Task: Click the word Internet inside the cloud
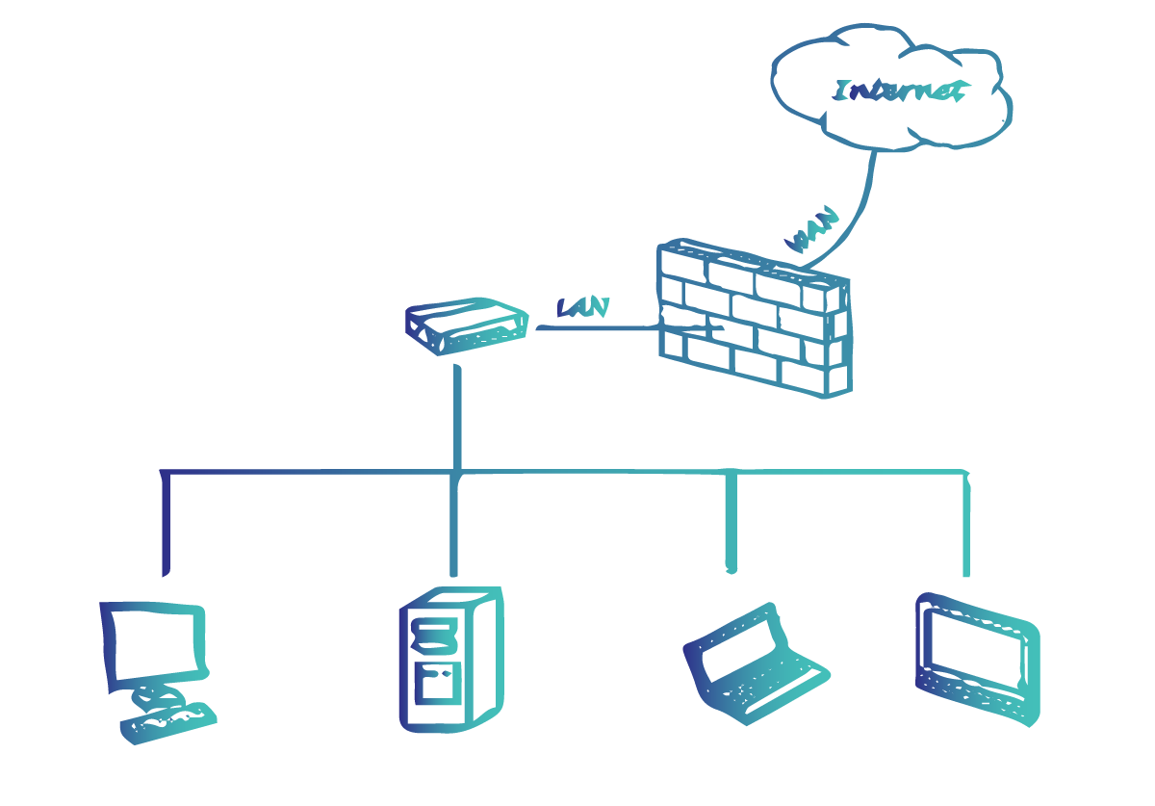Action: pos(901,91)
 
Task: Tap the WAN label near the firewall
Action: pos(814,229)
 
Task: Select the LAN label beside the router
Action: pos(582,308)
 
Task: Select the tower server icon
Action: pos(449,660)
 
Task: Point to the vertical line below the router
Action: pos(458,414)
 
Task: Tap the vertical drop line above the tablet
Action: pos(966,525)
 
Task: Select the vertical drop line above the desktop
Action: pos(166,525)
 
